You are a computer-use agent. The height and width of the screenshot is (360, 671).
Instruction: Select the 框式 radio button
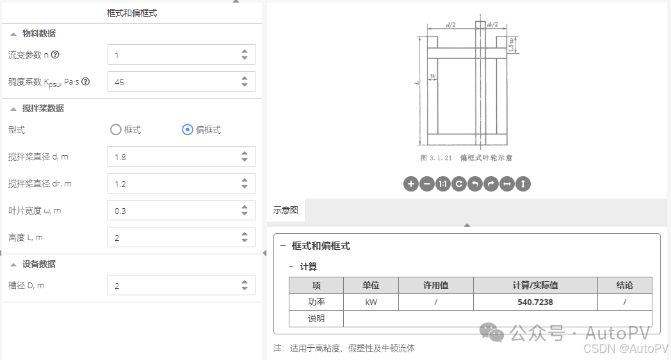click(116, 130)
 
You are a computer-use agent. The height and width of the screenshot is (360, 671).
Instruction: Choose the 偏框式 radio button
click(188, 130)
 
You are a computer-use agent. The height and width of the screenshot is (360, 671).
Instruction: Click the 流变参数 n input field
click(173, 55)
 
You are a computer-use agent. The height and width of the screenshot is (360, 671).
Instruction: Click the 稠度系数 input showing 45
click(173, 82)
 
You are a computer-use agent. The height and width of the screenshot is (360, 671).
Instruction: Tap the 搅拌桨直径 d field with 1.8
click(173, 157)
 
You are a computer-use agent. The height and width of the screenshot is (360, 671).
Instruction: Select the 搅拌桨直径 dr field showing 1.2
click(173, 184)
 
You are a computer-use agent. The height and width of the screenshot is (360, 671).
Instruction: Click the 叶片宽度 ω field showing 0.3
click(173, 211)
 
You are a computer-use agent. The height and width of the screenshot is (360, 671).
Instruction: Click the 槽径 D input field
click(173, 286)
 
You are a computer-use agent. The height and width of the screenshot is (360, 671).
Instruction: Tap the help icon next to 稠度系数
click(85, 82)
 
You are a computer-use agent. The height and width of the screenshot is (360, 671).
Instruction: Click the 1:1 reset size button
click(443, 184)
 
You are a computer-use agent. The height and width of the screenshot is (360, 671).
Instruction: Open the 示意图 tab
click(286, 210)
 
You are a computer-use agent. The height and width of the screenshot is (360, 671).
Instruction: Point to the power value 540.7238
click(535, 302)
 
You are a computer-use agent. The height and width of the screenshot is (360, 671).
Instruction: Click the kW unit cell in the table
click(371, 302)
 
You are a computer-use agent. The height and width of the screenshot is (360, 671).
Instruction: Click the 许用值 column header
click(435, 286)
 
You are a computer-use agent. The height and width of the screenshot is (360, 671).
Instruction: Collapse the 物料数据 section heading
click(38, 33)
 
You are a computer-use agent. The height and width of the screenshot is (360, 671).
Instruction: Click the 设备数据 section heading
click(38, 264)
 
